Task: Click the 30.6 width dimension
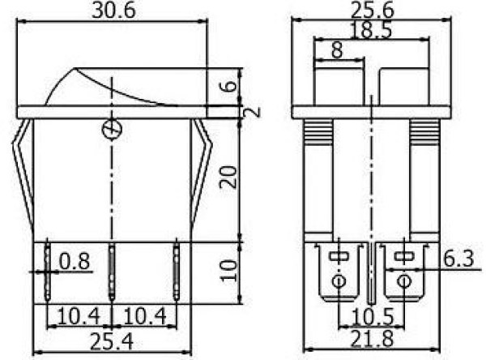(x=113, y=11)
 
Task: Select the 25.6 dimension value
(x=373, y=11)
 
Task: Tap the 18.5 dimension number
(x=371, y=31)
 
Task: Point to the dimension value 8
(x=337, y=50)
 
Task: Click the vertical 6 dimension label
(x=230, y=86)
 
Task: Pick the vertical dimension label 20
(x=228, y=178)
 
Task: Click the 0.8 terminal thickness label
(x=75, y=261)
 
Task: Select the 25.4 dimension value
(x=112, y=341)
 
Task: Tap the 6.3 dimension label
(x=458, y=259)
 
